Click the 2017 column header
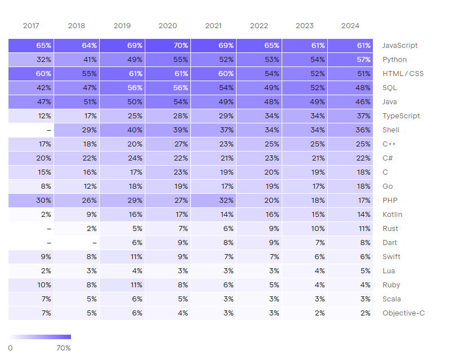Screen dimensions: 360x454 (x=31, y=26)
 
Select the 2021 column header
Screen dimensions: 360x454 (x=213, y=26)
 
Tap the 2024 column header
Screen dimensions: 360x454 (x=350, y=26)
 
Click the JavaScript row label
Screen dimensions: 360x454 (x=400, y=46)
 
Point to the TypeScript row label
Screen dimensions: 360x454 (x=401, y=116)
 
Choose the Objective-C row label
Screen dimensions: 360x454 (x=403, y=313)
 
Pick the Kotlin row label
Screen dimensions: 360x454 (x=393, y=215)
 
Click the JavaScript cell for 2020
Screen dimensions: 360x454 (x=168, y=46)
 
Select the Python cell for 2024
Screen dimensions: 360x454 (x=350, y=60)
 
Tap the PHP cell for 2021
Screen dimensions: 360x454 (x=213, y=201)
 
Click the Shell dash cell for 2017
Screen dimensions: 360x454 (x=31, y=130)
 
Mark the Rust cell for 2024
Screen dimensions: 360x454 (x=350, y=229)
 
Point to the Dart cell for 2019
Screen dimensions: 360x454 (x=122, y=243)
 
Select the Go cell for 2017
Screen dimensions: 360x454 (x=31, y=186)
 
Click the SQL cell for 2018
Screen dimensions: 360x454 (x=77, y=88)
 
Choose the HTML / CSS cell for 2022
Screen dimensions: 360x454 (x=259, y=74)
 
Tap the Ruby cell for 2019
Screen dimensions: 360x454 (x=122, y=285)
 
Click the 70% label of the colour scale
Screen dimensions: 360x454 (x=64, y=348)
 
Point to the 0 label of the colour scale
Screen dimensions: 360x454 (x=10, y=348)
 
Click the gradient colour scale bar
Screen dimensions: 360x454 (x=39, y=337)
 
